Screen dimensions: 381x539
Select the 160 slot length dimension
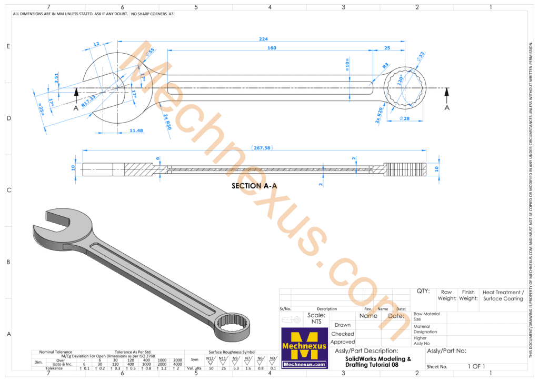pyautogui.click(x=272, y=48)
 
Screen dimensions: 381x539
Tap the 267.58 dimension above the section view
pyautogui.click(x=261, y=148)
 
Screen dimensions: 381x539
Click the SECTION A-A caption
pyautogui.click(x=254, y=186)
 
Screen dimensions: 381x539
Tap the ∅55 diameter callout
pyautogui.click(x=150, y=52)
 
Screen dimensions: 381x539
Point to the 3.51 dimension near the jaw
pyautogui.click(x=57, y=78)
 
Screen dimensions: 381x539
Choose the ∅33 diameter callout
pyautogui.click(x=421, y=56)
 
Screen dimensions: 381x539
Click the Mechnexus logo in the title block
pyautogui.click(x=304, y=347)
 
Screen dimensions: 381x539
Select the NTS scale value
pyautogui.click(x=316, y=321)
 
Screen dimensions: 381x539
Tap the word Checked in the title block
pyautogui.click(x=342, y=334)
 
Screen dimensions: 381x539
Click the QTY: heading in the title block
pyautogui.click(x=423, y=291)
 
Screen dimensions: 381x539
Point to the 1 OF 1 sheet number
pyautogui.click(x=476, y=366)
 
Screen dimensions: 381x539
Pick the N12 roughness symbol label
pyautogui.click(x=210, y=358)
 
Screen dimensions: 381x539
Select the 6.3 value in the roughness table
pyautogui.click(x=236, y=368)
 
